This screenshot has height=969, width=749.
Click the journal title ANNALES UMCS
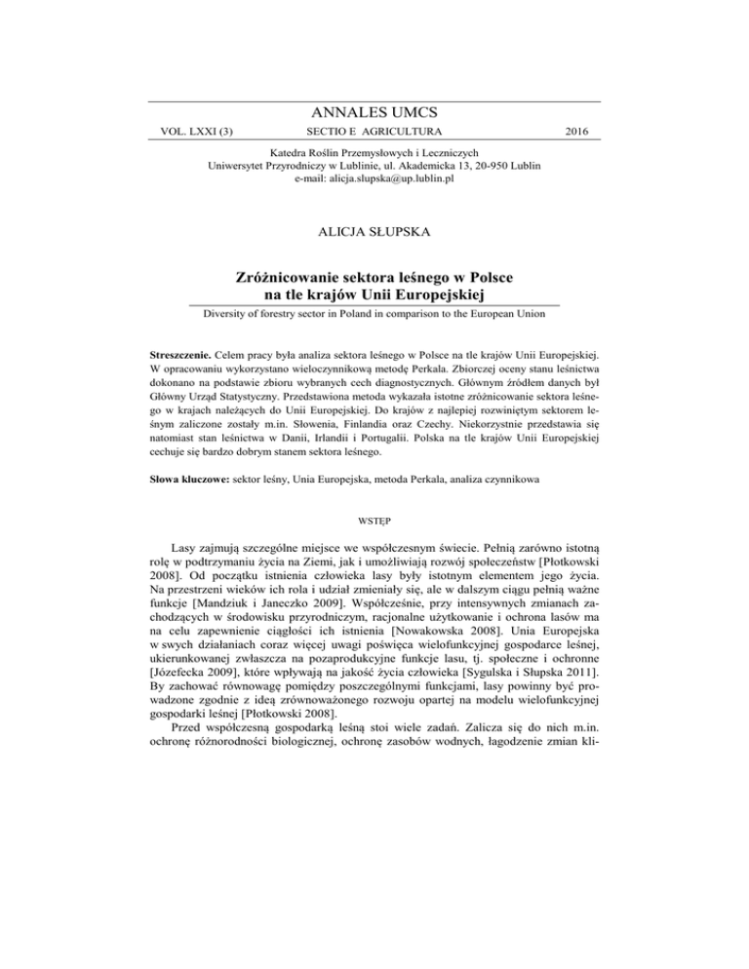coord(374,112)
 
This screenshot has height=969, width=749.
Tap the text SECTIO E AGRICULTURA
coord(374,131)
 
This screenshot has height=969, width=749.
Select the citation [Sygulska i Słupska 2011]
coord(530,706)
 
